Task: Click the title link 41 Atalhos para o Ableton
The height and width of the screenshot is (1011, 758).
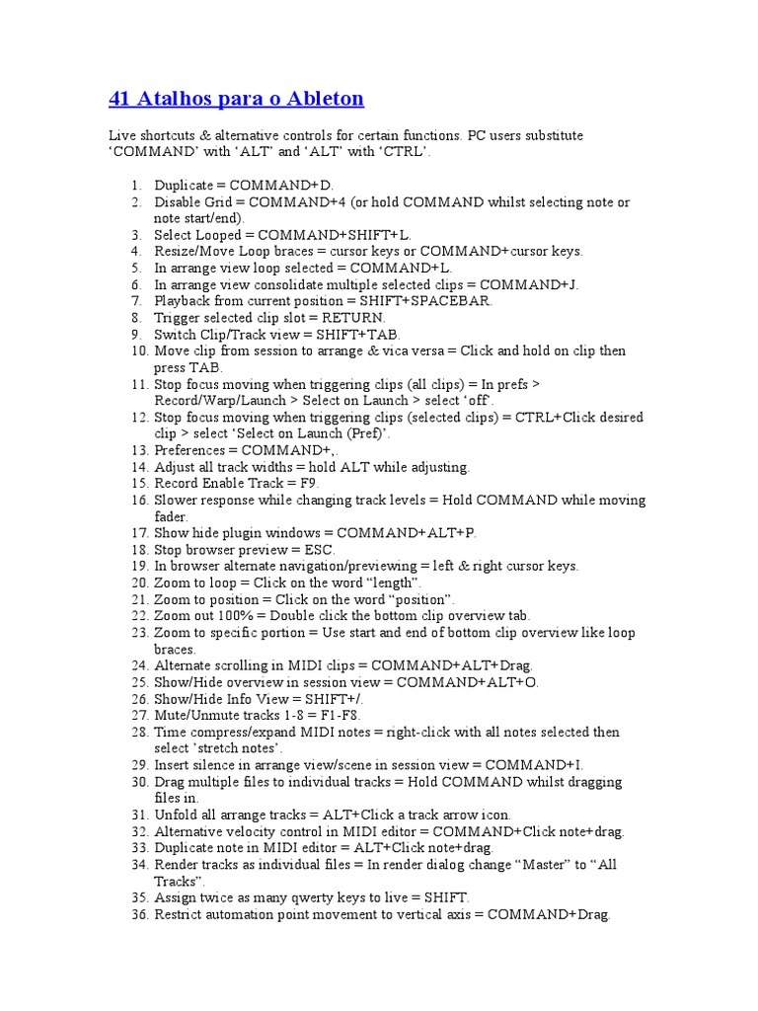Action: pos(235,99)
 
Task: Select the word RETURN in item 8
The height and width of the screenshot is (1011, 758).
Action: pos(352,318)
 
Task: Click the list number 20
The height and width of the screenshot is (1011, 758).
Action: pos(137,583)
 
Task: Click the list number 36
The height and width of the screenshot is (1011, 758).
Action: pos(137,915)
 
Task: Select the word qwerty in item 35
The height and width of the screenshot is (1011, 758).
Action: pos(315,898)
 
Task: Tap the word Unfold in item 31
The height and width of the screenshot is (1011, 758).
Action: pos(176,816)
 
